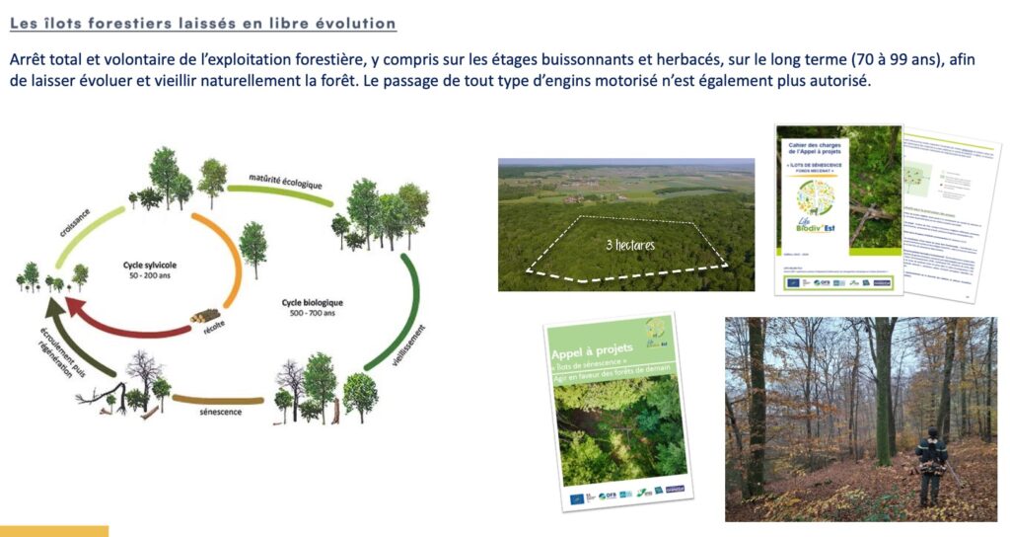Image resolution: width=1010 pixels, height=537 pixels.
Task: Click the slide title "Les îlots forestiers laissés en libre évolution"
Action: pos(203,23)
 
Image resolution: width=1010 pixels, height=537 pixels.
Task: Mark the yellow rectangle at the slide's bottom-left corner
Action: pos(53,531)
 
